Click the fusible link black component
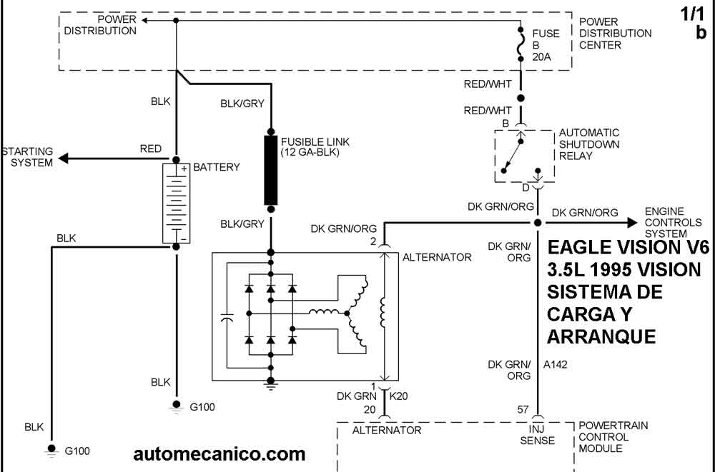271,170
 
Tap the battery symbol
175,203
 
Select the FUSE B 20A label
541,45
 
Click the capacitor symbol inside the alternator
227,318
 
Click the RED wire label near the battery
151,149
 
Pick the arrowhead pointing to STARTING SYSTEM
63,157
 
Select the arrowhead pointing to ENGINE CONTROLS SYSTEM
631,223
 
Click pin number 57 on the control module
524,409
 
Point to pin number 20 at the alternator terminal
370,409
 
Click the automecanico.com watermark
219,453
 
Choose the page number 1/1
694,13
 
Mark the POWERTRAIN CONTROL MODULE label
613,437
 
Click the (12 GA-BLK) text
310,153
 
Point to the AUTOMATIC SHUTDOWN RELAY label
589,144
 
